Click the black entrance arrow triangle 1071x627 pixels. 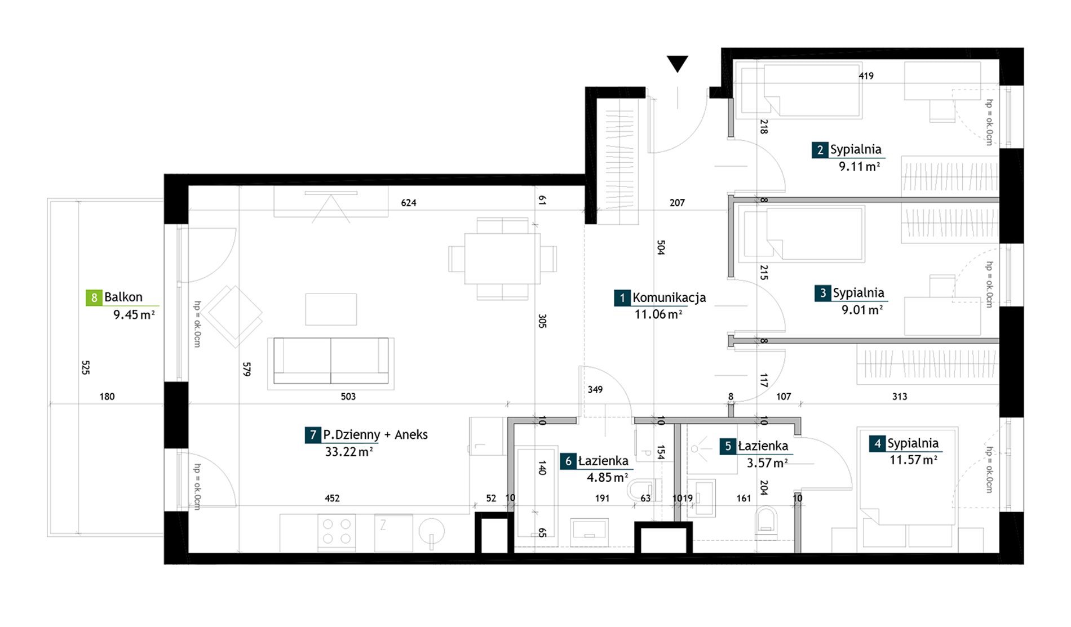point(677,63)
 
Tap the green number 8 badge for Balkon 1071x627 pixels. point(94,297)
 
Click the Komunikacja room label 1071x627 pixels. point(669,297)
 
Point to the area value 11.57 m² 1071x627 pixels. point(913,460)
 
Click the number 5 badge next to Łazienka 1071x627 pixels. point(728,447)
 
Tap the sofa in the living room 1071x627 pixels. point(331,362)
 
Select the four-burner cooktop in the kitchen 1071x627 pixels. point(337,531)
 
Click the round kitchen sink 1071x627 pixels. point(432,531)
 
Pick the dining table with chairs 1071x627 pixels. point(502,259)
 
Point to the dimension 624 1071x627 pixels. point(409,203)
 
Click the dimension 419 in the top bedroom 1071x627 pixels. point(866,76)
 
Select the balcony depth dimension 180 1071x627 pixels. point(107,397)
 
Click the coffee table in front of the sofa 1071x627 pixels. point(331,309)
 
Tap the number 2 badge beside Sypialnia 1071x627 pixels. point(820,150)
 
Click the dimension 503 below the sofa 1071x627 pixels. point(348,397)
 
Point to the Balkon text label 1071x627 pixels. point(123,297)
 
